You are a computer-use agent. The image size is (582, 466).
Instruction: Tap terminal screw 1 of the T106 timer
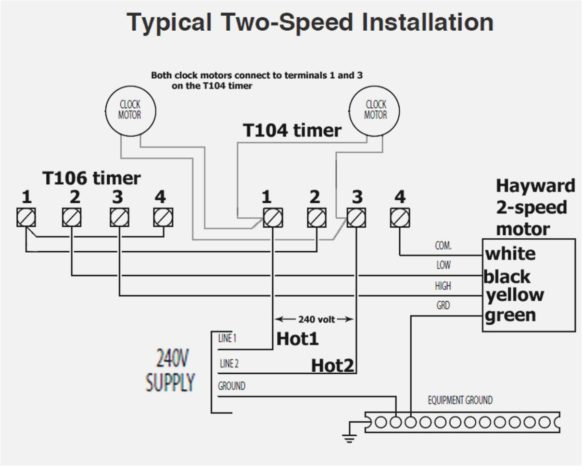pyautogui.click(x=26, y=218)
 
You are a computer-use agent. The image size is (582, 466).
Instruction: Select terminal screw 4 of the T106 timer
pyautogui.click(x=163, y=218)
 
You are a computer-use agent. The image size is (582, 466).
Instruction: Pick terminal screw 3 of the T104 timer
pyautogui.click(x=355, y=218)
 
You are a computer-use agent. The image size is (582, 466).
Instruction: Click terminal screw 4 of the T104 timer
pyautogui.click(x=400, y=218)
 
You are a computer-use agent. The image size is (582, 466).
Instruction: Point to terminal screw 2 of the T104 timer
pyautogui.click(x=316, y=218)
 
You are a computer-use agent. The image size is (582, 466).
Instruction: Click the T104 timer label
pyautogui.click(x=292, y=130)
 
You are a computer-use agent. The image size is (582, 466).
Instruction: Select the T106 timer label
pyautogui.click(x=91, y=178)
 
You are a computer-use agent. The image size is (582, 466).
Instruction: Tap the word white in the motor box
pyautogui.click(x=510, y=254)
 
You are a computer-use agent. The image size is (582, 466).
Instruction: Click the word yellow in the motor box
pyautogui.click(x=515, y=294)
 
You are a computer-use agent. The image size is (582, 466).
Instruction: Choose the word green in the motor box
pyautogui.click(x=510, y=316)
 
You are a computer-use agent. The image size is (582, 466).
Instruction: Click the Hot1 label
pyautogui.click(x=297, y=339)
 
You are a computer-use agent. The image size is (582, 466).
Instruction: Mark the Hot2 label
pyautogui.click(x=333, y=366)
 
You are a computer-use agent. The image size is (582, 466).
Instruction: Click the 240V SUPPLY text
pyautogui.click(x=170, y=370)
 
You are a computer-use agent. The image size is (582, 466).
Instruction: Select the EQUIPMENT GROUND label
pyautogui.click(x=460, y=400)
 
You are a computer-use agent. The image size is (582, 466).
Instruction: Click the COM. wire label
pyautogui.click(x=443, y=246)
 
